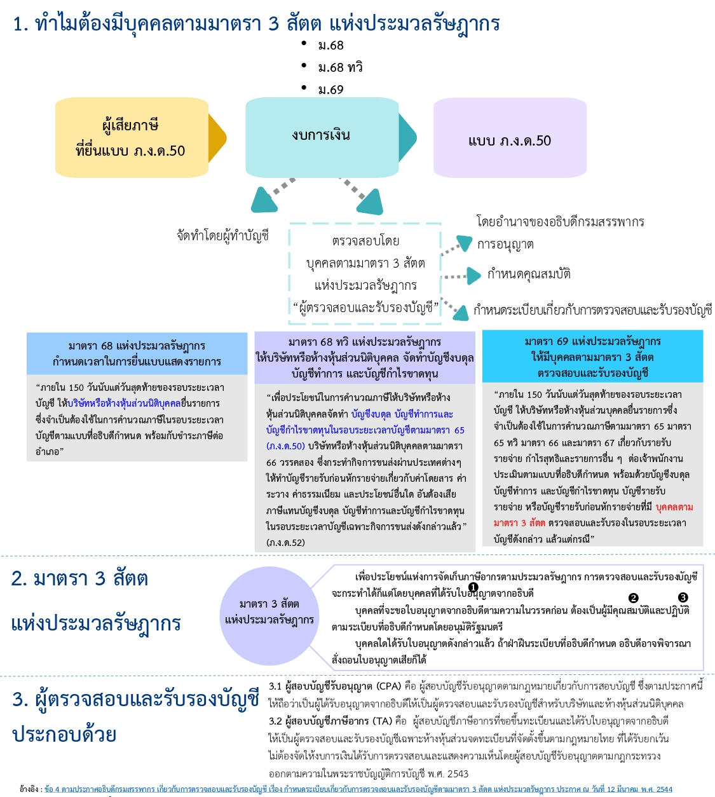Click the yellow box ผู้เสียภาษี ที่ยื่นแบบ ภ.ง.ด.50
[132, 137]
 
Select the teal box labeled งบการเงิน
[322, 137]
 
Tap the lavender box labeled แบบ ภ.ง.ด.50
[510, 138]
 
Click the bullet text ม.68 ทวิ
[340, 67]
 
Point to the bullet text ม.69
[330, 90]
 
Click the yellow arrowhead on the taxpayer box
[217, 137]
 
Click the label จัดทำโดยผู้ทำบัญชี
[222, 236]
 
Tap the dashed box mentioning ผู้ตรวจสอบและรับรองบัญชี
[365, 273]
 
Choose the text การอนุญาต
[505, 245]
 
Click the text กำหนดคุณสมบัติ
[528, 274]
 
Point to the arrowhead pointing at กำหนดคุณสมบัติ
[474, 275]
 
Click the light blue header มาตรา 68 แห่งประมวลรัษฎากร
[137, 353]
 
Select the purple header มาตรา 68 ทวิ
[365, 357]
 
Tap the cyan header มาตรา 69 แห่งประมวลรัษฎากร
[592, 357]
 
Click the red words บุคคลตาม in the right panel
[674, 507]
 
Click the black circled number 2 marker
[633, 598]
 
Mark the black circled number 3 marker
[683, 597]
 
